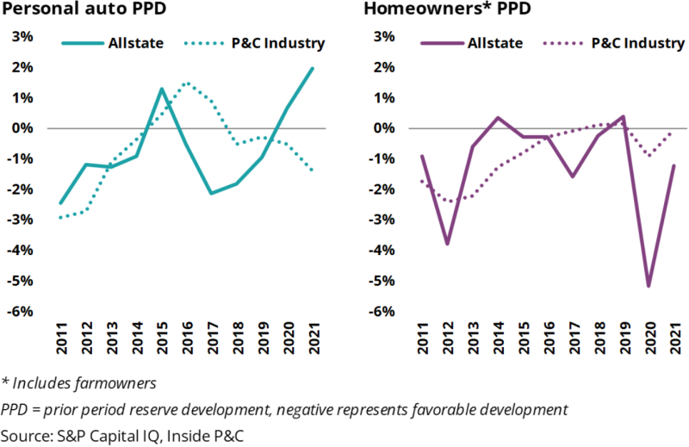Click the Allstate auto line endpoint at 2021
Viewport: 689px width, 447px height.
312,68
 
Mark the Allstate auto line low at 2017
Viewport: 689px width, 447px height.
212,193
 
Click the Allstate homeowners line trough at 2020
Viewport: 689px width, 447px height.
648,286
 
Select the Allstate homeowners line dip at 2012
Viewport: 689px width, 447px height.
448,244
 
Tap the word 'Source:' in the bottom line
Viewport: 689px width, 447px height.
27,435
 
